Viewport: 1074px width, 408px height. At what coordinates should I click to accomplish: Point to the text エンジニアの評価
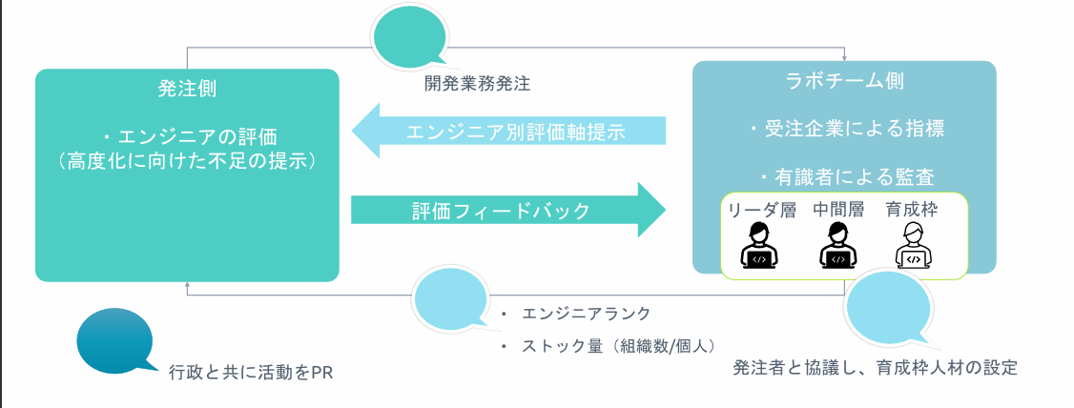click(x=195, y=134)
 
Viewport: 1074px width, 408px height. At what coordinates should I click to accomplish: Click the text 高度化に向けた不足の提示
click(x=187, y=160)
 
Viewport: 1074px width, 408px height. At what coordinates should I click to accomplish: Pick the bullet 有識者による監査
click(x=845, y=175)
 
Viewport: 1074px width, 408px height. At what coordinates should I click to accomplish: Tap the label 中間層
click(x=837, y=210)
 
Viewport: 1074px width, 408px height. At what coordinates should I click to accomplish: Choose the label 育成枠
click(x=913, y=210)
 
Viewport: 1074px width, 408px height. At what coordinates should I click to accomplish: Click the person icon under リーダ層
click(x=760, y=246)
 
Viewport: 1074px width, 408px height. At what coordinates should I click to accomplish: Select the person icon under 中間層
click(x=837, y=246)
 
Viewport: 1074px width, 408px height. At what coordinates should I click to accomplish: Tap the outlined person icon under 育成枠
click(x=913, y=246)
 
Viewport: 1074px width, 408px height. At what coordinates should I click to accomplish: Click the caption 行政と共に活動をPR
click(x=250, y=371)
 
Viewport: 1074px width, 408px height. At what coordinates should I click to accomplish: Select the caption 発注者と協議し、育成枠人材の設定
click(x=875, y=367)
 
